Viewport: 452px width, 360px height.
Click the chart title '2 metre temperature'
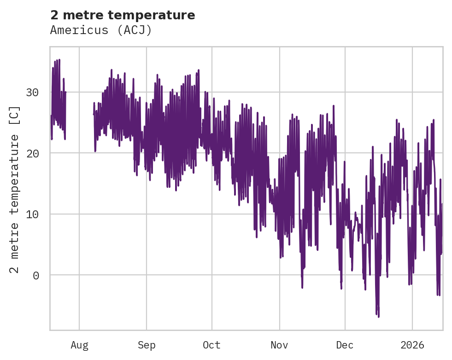pyautogui.click(x=123, y=15)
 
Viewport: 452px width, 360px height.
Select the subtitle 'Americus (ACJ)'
pyautogui.click(x=101, y=30)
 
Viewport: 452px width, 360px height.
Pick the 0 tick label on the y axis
pyautogui.click(x=35, y=275)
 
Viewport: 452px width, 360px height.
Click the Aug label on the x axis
pyautogui.click(x=79, y=345)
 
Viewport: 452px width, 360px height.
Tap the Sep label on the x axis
pyautogui.click(x=147, y=345)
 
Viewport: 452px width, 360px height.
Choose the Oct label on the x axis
pyautogui.click(x=212, y=345)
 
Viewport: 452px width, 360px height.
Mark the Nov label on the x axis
pyautogui.click(x=279, y=345)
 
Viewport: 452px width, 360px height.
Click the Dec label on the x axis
pyautogui.click(x=345, y=345)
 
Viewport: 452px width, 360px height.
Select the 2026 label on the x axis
pyautogui.click(x=412, y=345)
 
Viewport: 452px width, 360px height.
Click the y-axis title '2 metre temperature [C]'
pyautogui.click(x=15, y=189)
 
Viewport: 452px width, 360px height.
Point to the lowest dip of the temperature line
pyautogui.click(x=379, y=316)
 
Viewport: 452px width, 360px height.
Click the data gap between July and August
pyautogui.click(x=79, y=115)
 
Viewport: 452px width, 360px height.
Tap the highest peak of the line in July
pyautogui.click(x=59, y=60)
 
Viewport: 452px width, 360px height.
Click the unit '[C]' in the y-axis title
pyautogui.click(x=15, y=115)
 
